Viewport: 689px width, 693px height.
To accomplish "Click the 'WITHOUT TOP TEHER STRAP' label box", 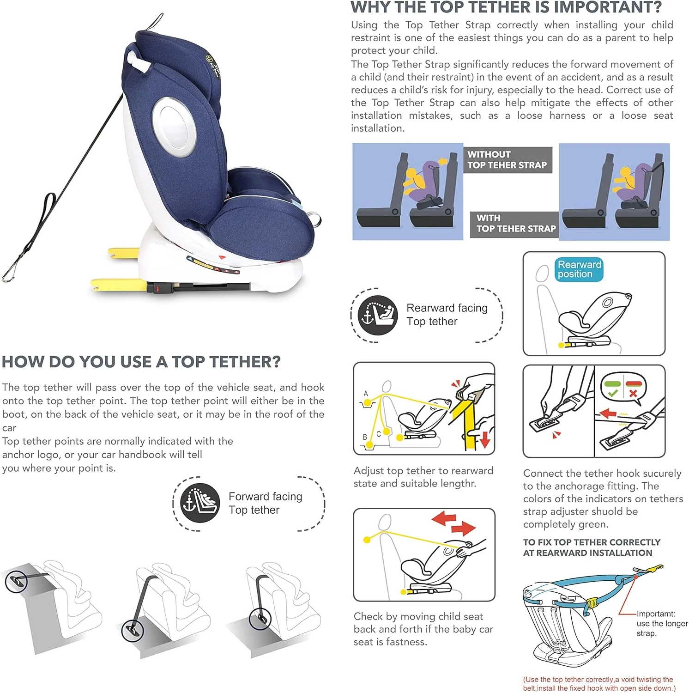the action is (508, 160).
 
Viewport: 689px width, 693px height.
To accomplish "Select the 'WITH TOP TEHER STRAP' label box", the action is (514, 224).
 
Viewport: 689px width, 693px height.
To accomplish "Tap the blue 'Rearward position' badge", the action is (579, 269).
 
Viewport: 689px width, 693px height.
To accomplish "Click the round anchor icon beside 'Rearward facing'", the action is (377, 315).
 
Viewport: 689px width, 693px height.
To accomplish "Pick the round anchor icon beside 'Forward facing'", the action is (200, 503).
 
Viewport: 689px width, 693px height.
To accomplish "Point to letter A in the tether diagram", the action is (366, 394).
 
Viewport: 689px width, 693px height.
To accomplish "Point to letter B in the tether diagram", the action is (365, 437).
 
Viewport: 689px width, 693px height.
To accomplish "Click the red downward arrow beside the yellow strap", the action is (485, 439).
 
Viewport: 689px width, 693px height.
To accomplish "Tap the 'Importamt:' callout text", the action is (656, 614).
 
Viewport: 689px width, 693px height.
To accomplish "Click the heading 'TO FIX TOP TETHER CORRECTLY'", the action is (592, 542).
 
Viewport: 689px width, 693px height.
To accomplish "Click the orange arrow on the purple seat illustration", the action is (442, 162).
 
